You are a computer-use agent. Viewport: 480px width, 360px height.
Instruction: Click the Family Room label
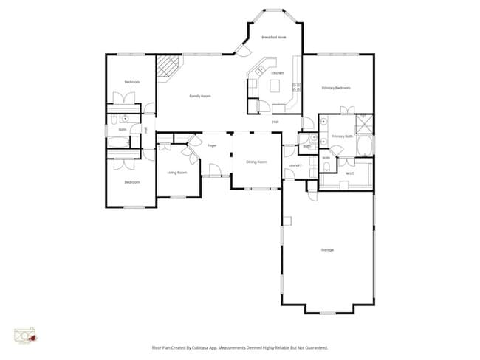200,96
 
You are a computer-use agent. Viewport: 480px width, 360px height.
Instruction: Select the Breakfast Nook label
273,36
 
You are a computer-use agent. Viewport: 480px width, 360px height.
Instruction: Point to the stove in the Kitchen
296,87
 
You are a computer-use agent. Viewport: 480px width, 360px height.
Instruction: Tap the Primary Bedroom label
336,88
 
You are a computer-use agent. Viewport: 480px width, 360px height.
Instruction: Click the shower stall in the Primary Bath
364,123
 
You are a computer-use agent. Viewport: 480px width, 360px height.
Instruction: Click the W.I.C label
350,173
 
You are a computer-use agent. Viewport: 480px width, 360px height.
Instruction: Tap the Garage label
327,250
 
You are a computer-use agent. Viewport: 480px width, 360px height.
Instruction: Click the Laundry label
295,165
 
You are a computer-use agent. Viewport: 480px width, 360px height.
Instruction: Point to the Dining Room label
256,162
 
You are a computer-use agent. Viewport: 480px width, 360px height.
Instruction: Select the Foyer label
211,145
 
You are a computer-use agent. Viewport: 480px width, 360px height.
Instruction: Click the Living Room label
176,173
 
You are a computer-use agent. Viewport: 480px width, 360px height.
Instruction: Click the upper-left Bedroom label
132,81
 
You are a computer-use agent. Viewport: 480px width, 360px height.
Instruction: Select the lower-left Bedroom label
131,182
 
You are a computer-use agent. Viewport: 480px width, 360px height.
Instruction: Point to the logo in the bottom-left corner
25,336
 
